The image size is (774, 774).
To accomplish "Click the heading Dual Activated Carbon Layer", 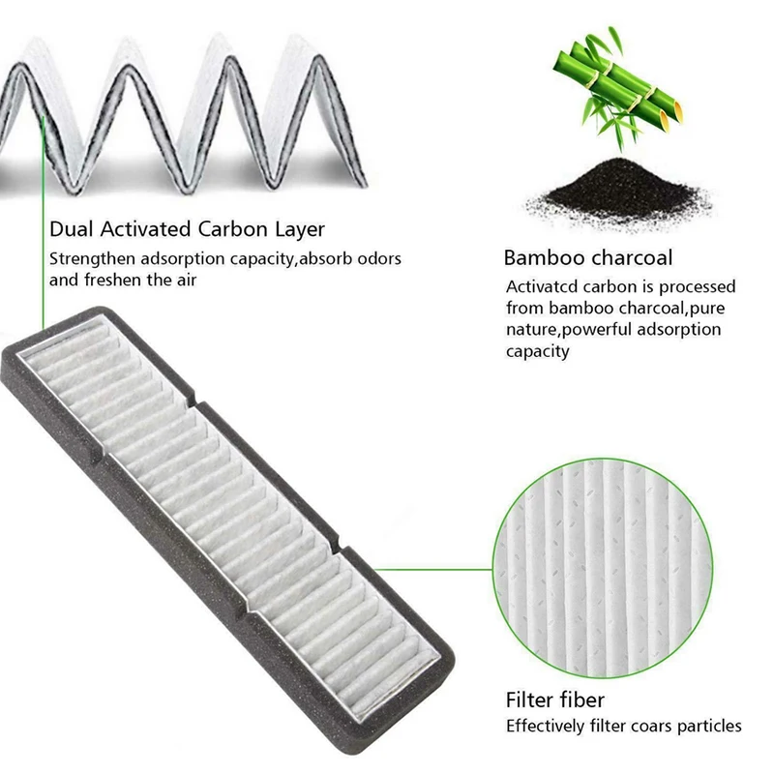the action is click(187, 230).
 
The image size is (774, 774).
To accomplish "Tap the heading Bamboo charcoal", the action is click(587, 258).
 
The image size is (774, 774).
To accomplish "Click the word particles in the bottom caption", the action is click(709, 726).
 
